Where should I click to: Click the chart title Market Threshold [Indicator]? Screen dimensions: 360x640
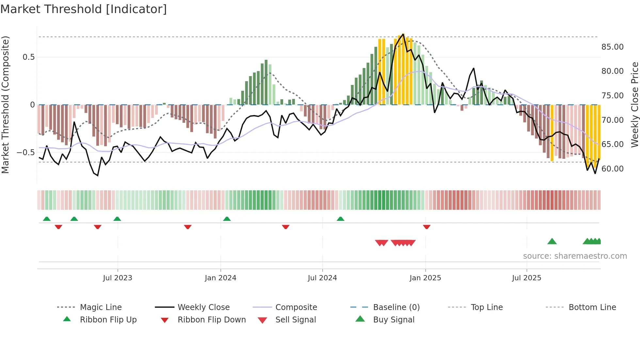tap(84, 9)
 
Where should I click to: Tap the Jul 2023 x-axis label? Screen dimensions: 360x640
tap(118, 278)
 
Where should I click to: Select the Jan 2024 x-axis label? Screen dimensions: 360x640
tap(220, 278)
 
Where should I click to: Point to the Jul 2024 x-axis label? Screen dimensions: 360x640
tap(322, 278)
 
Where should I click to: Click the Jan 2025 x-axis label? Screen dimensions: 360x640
tap(425, 278)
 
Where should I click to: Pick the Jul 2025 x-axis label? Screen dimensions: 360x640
tap(526, 278)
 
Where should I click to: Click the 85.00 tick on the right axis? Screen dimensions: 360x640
tap(612, 47)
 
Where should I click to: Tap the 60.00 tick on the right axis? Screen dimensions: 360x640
tap(612, 169)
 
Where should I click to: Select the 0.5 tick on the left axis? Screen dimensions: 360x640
tap(28, 57)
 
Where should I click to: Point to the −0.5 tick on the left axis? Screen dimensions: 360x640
tap(26, 153)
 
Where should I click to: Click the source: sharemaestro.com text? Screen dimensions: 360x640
tap(575, 256)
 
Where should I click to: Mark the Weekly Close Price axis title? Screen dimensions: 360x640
tap(634, 105)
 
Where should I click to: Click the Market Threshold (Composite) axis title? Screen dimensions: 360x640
tap(5, 105)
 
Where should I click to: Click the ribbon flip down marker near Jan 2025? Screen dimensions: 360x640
tap(426, 227)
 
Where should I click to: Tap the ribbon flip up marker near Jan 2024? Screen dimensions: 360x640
tap(227, 219)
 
